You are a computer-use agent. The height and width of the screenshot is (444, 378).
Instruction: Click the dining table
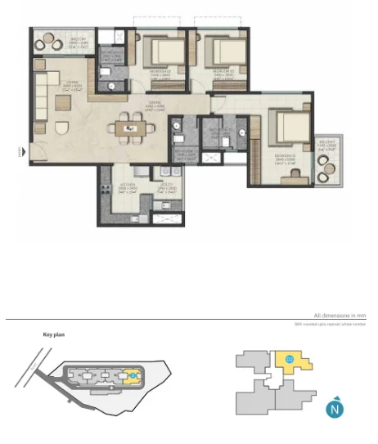pyautogui.click(x=130, y=127)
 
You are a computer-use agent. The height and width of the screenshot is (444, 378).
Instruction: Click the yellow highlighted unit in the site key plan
pyautogui.click(x=133, y=375)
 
